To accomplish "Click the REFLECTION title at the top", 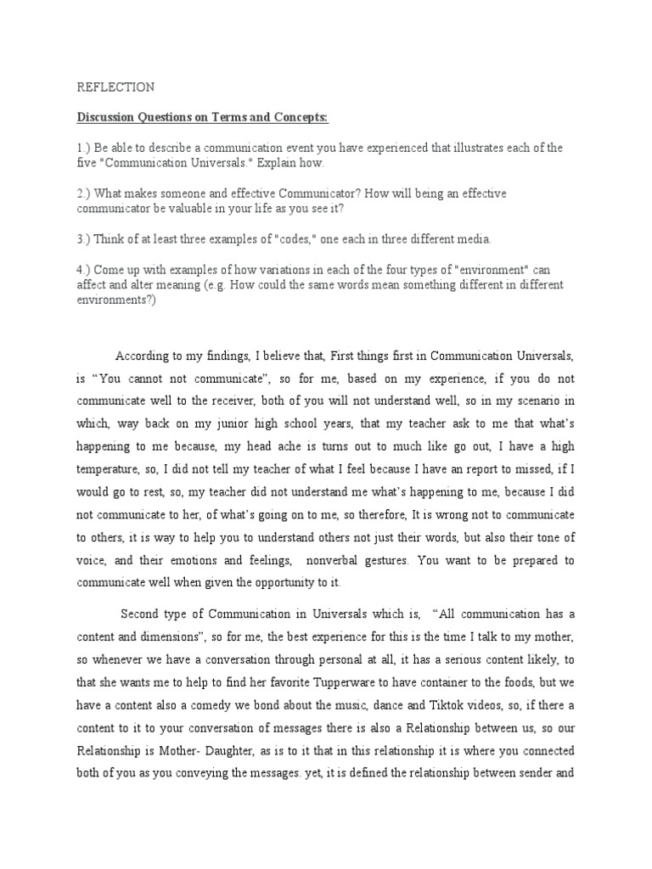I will (x=116, y=87).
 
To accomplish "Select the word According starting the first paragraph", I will (x=145, y=355).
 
